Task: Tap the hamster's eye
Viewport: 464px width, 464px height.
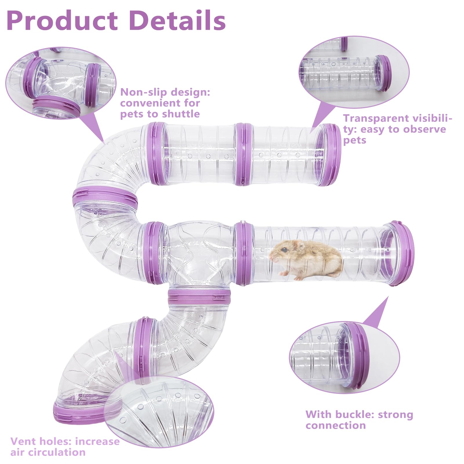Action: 285,250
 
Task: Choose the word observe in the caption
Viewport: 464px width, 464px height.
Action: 423,129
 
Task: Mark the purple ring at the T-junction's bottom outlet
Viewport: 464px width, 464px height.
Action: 199,296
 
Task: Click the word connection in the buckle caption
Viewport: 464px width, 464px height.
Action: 336,425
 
